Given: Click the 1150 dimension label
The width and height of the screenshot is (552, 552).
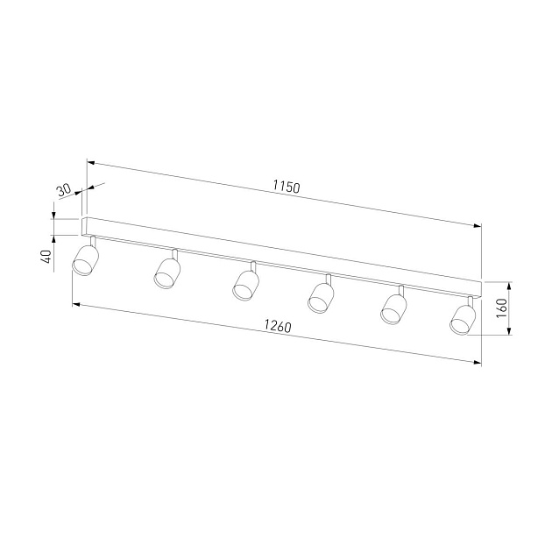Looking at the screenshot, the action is point(287,187).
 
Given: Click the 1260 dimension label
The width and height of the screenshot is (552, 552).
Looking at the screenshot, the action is point(278,326).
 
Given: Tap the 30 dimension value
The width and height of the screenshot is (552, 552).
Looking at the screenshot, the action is point(64,190).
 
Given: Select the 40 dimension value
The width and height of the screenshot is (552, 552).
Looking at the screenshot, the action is point(46,256).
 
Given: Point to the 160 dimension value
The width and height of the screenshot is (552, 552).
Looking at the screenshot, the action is point(501,308).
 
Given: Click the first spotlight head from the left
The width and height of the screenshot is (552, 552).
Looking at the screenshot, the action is point(85,260).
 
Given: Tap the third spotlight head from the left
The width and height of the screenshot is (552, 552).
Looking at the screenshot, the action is point(245,285).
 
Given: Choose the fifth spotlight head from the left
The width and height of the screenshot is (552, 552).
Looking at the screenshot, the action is point(393,308).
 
